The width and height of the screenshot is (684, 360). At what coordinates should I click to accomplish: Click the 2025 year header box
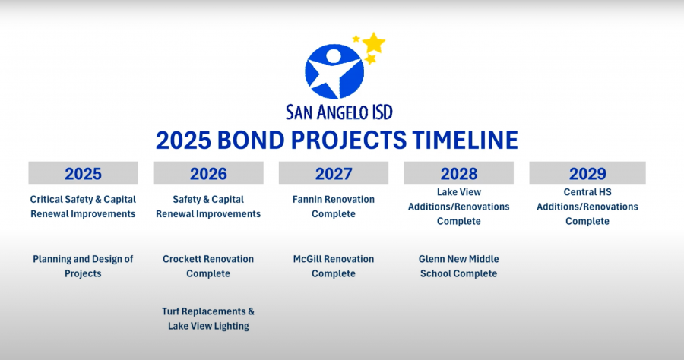point(84,173)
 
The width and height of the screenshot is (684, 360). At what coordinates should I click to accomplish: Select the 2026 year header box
point(208,173)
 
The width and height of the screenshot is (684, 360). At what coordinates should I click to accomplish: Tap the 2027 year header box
point(334,173)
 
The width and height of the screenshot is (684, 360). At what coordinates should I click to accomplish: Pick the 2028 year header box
point(458,173)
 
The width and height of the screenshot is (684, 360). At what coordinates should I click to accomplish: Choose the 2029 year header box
point(587,173)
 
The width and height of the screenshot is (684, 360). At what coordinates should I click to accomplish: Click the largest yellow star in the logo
point(374,43)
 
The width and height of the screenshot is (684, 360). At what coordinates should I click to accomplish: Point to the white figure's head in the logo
point(334,55)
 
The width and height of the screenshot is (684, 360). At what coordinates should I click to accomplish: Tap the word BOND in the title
point(250,141)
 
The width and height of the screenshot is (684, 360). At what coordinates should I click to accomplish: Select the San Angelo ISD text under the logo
point(339,112)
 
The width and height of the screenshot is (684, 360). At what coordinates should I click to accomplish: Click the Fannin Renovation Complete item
point(334,207)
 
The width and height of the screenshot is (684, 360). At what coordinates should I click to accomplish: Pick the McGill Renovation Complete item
point(334,267)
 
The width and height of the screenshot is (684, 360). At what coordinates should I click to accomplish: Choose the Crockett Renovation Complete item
point(208,267)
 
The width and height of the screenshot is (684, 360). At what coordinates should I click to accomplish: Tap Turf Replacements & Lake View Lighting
point(208,318)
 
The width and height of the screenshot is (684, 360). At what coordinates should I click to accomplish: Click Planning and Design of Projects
point(83,267)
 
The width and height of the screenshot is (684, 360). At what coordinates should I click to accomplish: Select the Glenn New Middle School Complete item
point(458,267)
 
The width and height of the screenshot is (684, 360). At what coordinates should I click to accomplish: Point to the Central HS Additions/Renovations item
point(587,207)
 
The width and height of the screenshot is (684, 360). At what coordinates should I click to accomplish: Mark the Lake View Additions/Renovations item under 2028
point(458,207)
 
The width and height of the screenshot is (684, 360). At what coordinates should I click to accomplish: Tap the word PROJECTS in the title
point(349,141)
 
